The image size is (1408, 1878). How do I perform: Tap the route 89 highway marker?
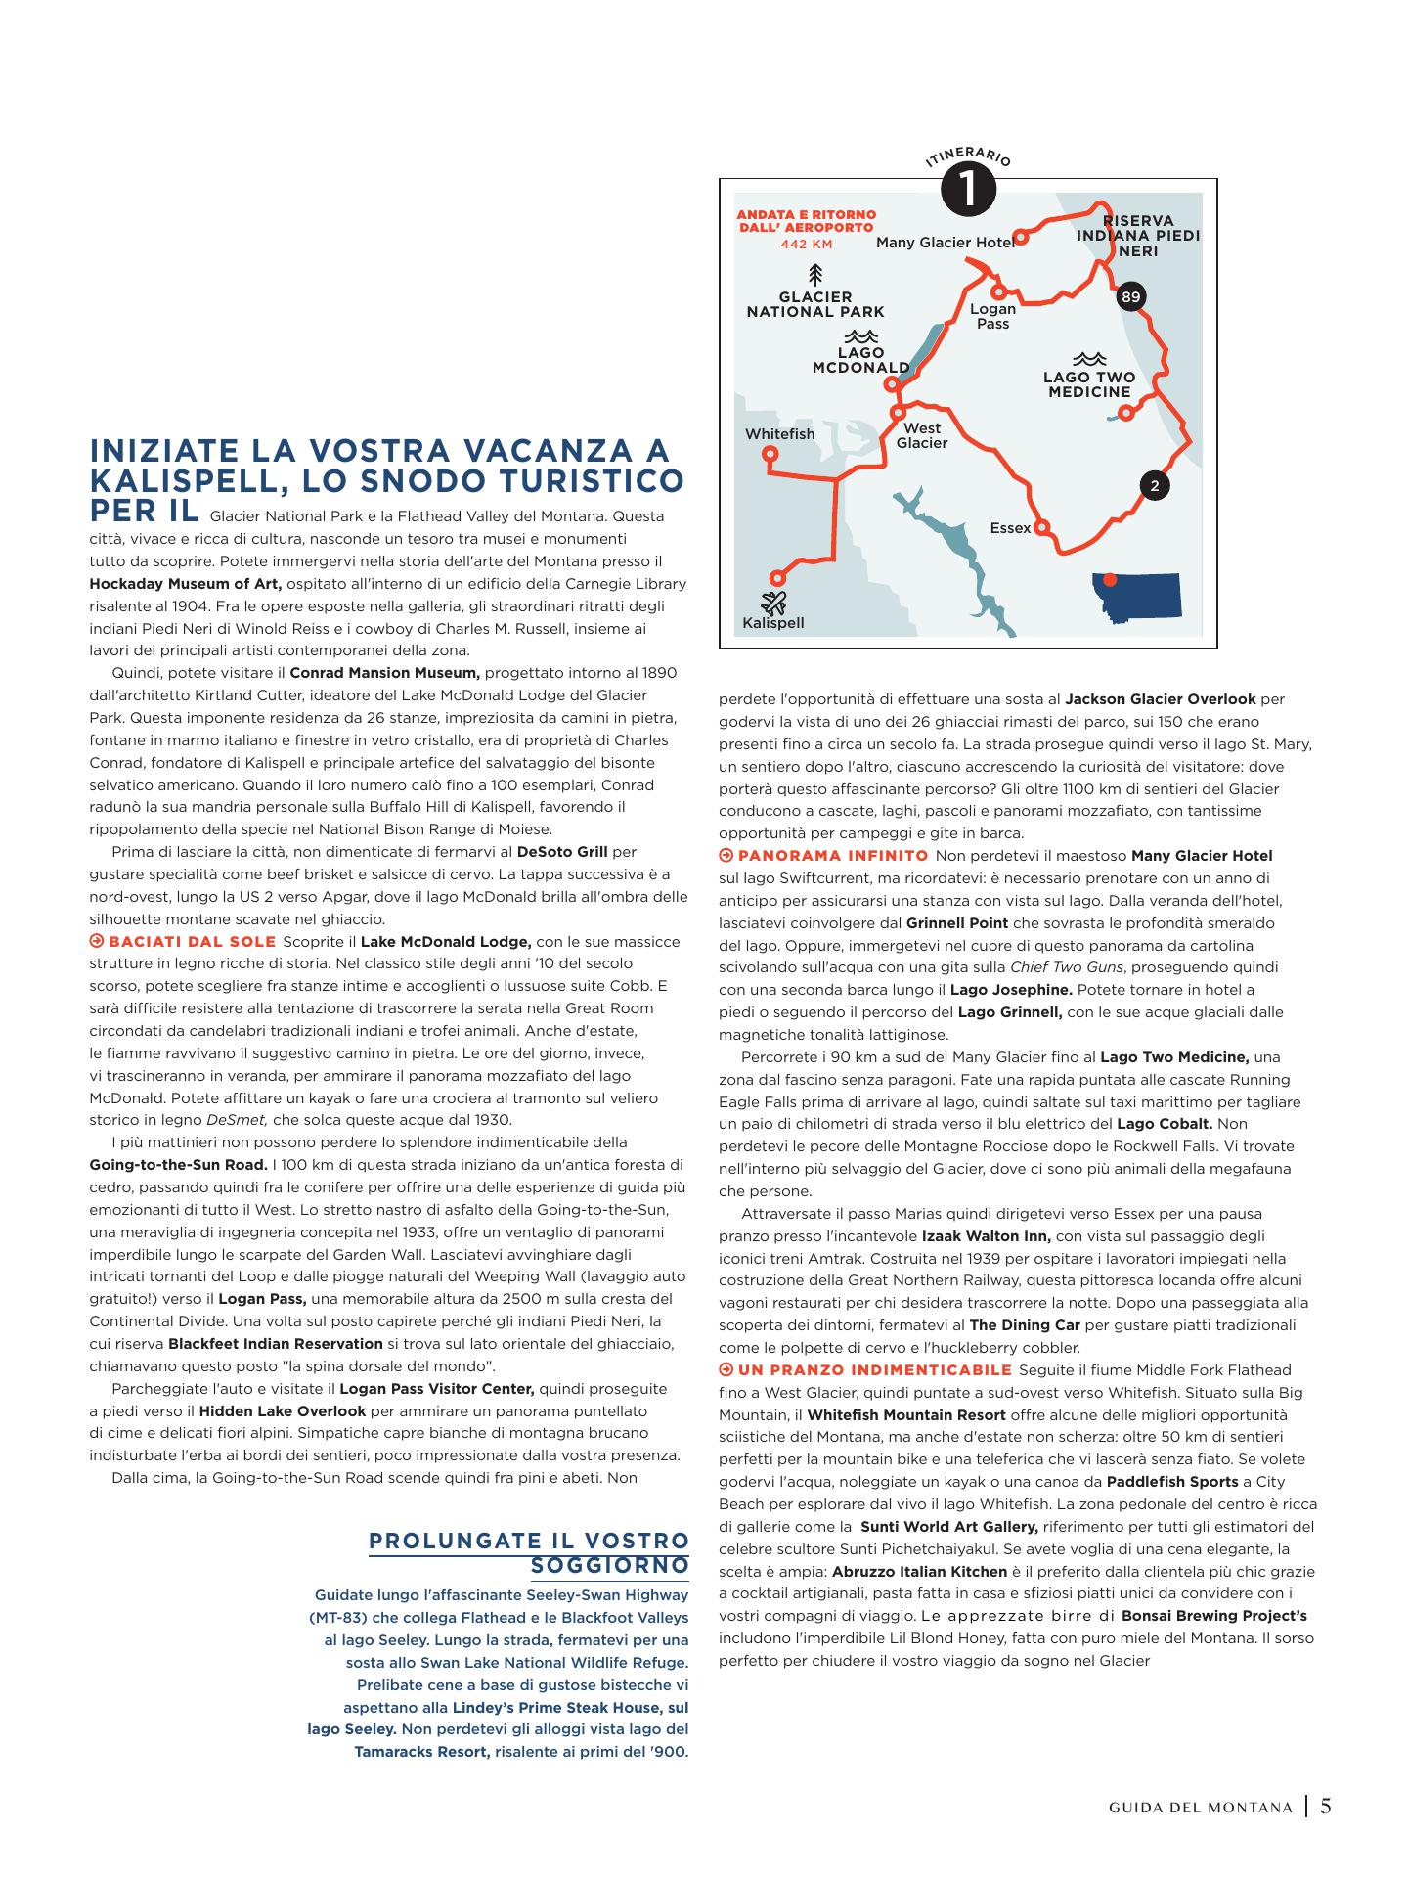click(x=1130, y=297)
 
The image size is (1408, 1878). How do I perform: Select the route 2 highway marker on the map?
click(x=1155, y=485)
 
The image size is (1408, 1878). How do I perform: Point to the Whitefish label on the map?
click(x=779, y=434)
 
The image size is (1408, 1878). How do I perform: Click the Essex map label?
click(x=1010, y=528)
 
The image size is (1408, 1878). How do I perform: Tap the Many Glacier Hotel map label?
click(x=945, y=243)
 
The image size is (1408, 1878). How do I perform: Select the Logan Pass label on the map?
click(x=992, y=316)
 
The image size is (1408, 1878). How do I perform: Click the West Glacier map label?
click(x=922, y=435)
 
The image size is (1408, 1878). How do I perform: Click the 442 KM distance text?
click(x=806, y=244)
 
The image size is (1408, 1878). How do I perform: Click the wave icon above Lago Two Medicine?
click(x=1088, y=359)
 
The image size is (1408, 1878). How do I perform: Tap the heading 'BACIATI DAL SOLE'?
click(x=192, y=942)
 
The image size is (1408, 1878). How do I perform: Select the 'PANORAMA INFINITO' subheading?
click(x=832, y=856)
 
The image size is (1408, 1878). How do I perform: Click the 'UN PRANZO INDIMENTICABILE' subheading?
click(x=874, y=1369)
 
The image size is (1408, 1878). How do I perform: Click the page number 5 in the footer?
click(x=1326, y=1807)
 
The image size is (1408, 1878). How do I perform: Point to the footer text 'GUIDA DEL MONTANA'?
click(x=1201, y=1808)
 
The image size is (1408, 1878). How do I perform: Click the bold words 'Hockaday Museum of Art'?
click(x=185, y=584)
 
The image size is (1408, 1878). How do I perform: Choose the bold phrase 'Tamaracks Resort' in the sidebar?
click(x=421, y=1751)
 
